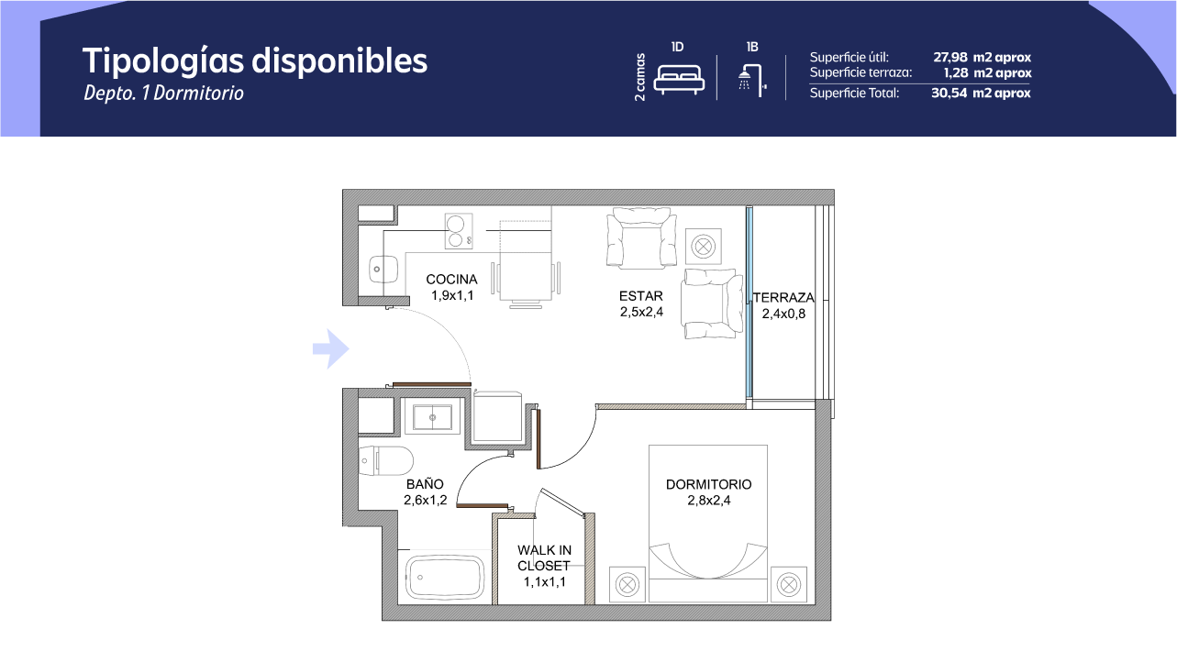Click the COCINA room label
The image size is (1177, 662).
point(451,280)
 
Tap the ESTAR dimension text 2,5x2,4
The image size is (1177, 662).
point(641,312)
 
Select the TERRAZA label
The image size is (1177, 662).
point(783,298)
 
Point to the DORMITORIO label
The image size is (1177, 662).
point(708,484)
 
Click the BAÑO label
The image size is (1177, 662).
point(425,483)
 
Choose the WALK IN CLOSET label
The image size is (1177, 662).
point(544,557)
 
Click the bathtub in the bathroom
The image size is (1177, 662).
point(445,578)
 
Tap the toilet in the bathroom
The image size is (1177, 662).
point(385,460)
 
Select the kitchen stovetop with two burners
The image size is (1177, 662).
point(458,231)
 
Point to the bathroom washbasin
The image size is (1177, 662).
point(432,417)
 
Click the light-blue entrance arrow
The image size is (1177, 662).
point(330,348)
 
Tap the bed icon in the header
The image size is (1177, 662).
point(678,79)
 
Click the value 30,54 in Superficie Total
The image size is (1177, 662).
point(949,93)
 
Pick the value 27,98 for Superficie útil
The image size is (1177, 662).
point(950,57)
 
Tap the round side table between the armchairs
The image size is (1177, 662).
point(703,247)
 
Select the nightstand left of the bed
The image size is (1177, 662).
point(627,584)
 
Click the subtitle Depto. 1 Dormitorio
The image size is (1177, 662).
point(163,93)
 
